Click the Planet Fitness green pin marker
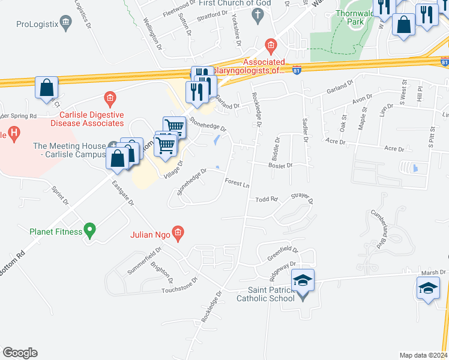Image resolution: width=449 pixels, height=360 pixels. click(89, 229)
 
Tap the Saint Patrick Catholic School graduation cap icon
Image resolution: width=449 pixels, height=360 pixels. click(303, 281)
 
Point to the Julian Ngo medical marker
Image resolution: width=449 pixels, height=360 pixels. click(177, 232)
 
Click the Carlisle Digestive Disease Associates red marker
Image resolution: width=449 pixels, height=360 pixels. click(109, 97)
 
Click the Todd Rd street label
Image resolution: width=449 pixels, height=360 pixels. click(267, 199)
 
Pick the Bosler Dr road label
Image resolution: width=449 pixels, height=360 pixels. click(280, 165)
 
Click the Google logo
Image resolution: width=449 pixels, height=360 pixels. click(20, 353)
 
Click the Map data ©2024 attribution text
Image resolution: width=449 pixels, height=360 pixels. click(423, 355)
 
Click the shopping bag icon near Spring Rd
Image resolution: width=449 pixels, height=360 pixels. click(46, 88)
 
